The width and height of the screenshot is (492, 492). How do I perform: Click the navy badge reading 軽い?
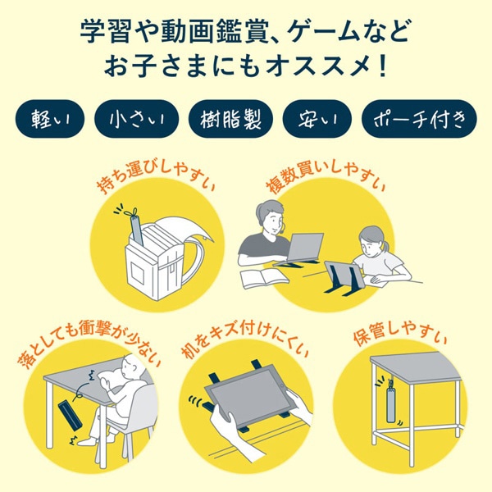(52, 120)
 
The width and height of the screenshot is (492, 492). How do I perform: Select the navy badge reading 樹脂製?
(230, 120)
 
